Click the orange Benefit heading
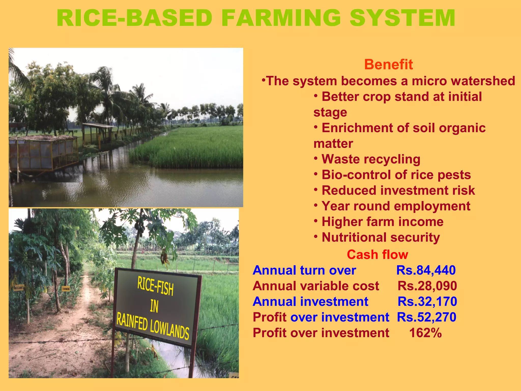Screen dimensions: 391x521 click(x=388, y=64)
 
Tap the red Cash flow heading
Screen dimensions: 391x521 click(x=377, y=255)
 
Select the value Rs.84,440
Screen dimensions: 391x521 click(x=426, y=270)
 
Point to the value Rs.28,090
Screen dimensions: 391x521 click(x=427, y=286)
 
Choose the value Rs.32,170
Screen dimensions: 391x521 click(x=427, y=301)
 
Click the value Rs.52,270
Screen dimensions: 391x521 click(x=427, y=317)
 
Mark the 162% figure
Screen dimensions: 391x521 click(x=425, y=333)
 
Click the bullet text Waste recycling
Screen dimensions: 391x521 click(x=371, y=159)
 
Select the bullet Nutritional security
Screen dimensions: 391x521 click(x=381, y=238)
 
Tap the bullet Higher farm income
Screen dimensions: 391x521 click(x=382, y=222)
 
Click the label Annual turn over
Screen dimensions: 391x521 click(x=304, y=270)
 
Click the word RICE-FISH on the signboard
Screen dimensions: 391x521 click(x=155, y=286)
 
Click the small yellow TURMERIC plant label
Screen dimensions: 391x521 click(x=66, y=289)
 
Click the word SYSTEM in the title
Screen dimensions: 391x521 click(x=402, y=18)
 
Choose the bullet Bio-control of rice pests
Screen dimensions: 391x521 click(x=396, y=175)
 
